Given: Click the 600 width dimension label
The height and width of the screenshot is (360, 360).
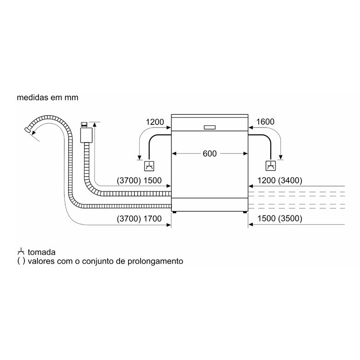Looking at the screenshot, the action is point(210,154).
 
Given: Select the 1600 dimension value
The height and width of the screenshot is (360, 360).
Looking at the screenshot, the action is point(265,122).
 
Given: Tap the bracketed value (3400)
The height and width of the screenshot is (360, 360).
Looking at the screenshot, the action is point(290,180).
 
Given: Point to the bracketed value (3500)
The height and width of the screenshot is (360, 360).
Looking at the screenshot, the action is point(290,218).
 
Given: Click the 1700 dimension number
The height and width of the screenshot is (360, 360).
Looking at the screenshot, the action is point(153,218).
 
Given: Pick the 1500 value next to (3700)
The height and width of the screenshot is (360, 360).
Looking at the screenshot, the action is point(153,180).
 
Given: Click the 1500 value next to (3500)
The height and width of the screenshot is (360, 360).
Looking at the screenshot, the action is point(266,218).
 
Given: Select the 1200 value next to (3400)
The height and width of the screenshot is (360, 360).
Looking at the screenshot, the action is point(266,180).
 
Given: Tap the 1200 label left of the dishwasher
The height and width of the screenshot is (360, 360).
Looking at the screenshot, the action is point(155,122).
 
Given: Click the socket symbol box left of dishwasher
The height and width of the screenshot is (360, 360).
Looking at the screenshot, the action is point(149,166).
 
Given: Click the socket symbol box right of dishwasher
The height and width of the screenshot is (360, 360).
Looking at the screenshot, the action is point(271,166).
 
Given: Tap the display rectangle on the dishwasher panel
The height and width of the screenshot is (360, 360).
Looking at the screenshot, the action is point(210,127).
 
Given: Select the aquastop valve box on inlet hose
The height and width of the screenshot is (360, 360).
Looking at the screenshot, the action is point(86,135).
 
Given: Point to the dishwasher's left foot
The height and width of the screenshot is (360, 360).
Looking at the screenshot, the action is point(175,212).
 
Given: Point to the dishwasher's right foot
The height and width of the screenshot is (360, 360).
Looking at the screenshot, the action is point(245,212).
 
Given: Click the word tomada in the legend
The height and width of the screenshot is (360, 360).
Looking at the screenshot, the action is point(42,252).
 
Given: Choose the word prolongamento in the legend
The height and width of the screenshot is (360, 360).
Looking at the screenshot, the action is point(155,261).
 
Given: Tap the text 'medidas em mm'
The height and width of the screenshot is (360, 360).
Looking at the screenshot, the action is point(48,97).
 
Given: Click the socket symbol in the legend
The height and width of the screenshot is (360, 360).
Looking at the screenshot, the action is point(21,252).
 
